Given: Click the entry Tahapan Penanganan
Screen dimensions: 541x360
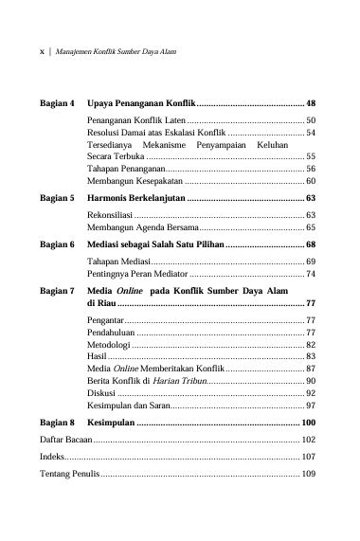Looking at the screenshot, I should point(124,167).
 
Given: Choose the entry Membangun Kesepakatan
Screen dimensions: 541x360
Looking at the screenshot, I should point(134,180).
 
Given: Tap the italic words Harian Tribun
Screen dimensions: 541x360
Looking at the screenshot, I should point(179,380).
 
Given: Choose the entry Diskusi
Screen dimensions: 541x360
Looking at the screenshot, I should point(101,392).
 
